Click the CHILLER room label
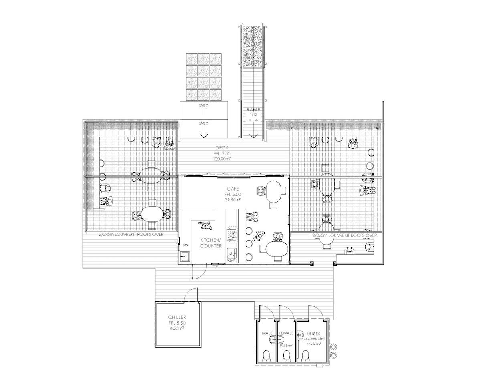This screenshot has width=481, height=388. point(177,317)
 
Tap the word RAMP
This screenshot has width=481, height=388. point(253,109)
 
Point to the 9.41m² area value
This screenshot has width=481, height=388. point(286,345)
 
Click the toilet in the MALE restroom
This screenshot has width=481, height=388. point(267,355)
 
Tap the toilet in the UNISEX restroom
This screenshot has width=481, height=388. point(306,355)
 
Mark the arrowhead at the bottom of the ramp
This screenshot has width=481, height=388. point(253,136)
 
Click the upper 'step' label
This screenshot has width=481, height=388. point(204,105)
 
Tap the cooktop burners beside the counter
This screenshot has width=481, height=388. point(232,235)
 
